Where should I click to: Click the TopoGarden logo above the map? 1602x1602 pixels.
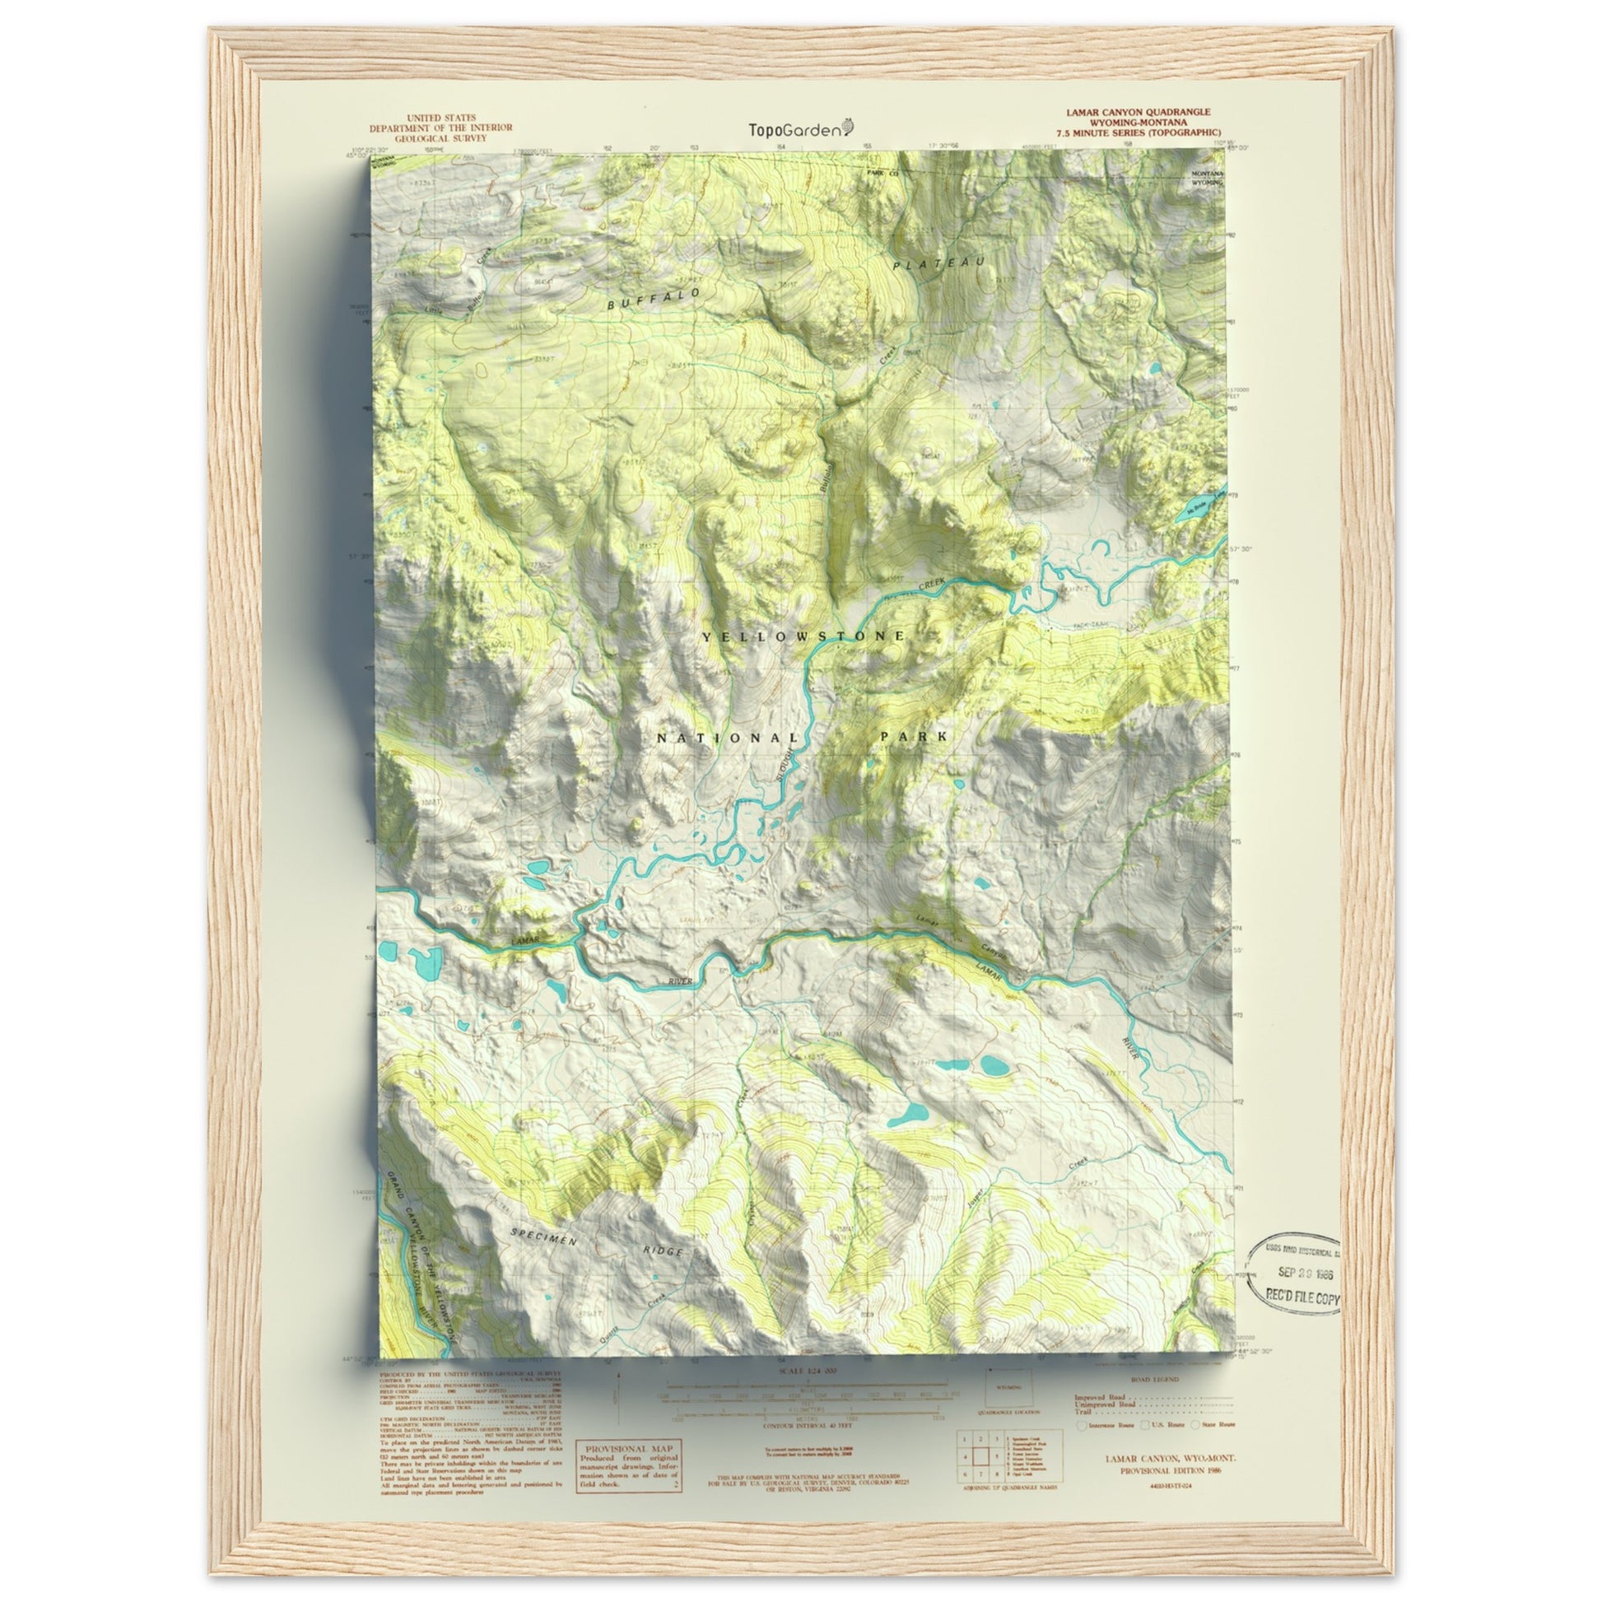pos(801,128)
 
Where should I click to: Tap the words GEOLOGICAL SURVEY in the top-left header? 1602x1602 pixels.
pos(440,138)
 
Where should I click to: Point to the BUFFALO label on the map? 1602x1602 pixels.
pos(654,300)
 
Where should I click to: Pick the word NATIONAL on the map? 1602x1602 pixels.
pos(729,738)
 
